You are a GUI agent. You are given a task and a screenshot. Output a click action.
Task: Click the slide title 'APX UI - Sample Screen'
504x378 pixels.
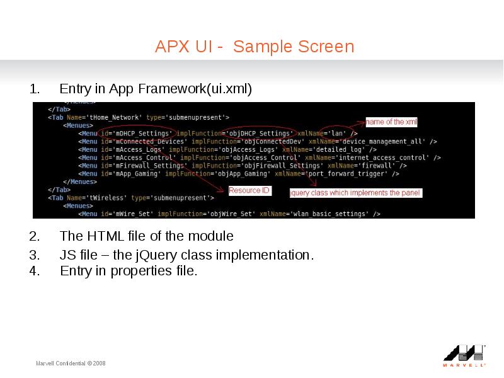pos(255,46)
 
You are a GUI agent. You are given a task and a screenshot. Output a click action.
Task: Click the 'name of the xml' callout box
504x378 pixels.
pos(391,122)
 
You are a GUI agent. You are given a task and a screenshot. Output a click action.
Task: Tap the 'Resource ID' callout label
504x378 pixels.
pos(249,191)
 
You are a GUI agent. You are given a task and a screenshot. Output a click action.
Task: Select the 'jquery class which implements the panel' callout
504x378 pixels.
pos(355,193)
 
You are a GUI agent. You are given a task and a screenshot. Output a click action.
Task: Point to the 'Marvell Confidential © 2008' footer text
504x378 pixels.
pos(71,364)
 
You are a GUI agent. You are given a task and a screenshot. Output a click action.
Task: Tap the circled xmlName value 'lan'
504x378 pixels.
pos(337,134)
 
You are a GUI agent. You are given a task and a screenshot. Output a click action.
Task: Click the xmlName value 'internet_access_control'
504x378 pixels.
pos(382,157)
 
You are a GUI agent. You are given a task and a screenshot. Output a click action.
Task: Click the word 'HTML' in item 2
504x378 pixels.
pos(105,236)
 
